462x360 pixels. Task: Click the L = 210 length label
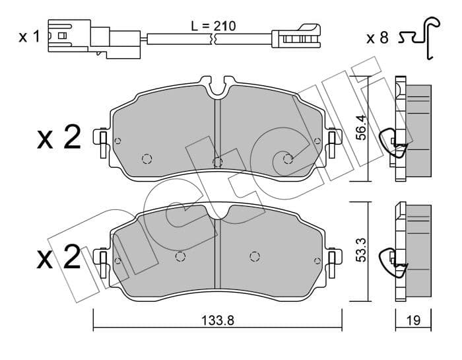[x=213, y=26]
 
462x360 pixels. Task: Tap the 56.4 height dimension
[x=360, y=127]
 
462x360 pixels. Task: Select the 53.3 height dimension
[x=360, y=250]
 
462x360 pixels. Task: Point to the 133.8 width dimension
[x=218, y=320]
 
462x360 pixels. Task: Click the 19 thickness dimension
[x=413, y=320]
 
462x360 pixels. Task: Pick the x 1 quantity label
[x=29, y=37]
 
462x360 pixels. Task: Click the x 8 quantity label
[x=378, y=38]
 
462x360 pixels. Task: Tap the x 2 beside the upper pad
[x=59, y=137]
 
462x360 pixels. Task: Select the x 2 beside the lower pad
[x=59, y=257]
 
